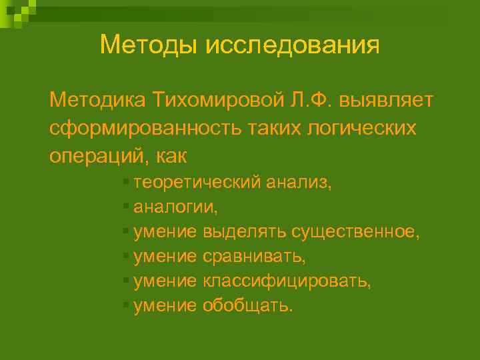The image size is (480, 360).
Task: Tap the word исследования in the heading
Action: click(x=293, y=45)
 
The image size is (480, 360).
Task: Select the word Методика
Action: click(x=97, y=100)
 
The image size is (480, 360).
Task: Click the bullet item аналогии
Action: click(x=175, y=207)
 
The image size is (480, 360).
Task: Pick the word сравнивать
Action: click(x=250, y=256)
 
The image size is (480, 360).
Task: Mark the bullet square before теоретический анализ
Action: click(x=125, y=181)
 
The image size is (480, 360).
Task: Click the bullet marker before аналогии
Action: click(x=125, y=206)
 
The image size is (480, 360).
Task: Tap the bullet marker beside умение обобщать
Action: click(x=125, y=305)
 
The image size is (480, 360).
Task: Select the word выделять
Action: click(x=245, y=231)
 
